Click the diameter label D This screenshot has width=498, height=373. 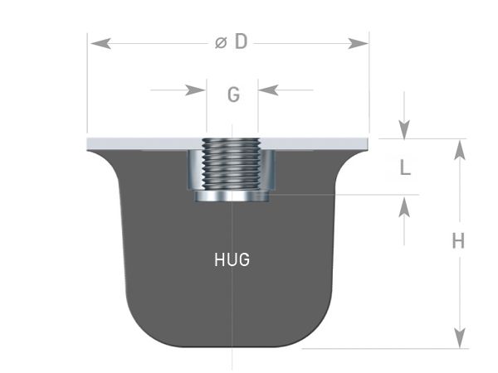tap(241, 42)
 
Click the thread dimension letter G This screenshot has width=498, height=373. tap(233, 94)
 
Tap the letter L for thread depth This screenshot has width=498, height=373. tap(404, 168)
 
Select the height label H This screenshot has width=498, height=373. tap(457, 241)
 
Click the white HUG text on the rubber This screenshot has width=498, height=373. tap(232, 259)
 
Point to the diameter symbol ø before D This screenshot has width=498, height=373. tap(221, 42)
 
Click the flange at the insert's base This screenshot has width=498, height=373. tap(232, 196)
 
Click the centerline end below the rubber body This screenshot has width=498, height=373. tap(232, 365)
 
